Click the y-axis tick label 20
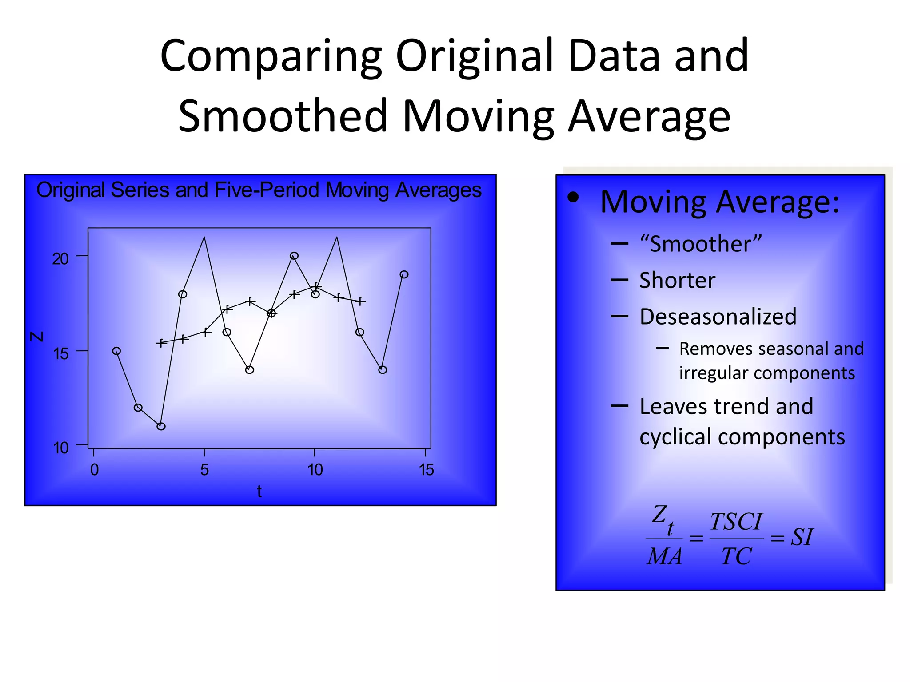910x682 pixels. [x=60, y=259]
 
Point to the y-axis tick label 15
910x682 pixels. [x=60, y=354]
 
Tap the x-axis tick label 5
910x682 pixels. [x=204, y=470]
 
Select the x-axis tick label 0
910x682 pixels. [x=94, y=470]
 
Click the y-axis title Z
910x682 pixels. [x=37, y=336]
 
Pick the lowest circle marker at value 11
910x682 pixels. [x=161, y=426]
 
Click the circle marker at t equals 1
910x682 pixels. [x=116, y=351]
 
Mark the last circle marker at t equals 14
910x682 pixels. [x=404, y=274]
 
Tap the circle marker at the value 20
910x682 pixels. [x=294, y=256]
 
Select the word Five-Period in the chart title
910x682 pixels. [x=267, y=190]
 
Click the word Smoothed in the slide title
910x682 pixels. [x=283, y=115]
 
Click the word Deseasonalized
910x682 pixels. [x=718, y=317]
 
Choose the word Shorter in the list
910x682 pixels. [x=677, y=281]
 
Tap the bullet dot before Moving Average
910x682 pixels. [x=573, y=198]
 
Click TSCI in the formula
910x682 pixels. [x=736, y=522]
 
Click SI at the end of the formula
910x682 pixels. [x=802, y=537]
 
